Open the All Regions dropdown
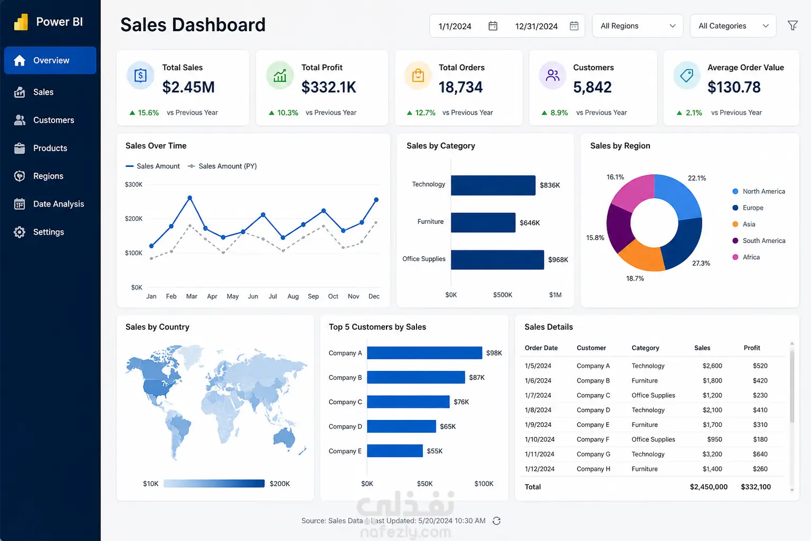[637, 26]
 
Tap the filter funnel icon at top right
[793, 25]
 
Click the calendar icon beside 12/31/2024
[574, 26]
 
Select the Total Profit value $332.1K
[329, 87]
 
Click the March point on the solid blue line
[190, 198]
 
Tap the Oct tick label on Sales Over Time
[333, 296]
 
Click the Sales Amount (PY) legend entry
[222, 166]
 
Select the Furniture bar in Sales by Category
[483, 222]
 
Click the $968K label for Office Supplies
[558, 260]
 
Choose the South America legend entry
[759, 240]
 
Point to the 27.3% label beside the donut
[701, 264]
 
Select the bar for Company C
[408, 402]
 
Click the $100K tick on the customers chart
[484, 484]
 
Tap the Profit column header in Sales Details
[752, 348]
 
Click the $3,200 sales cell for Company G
[712, 454]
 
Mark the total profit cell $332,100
[756, 487]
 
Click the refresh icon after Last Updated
[496, 521]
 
